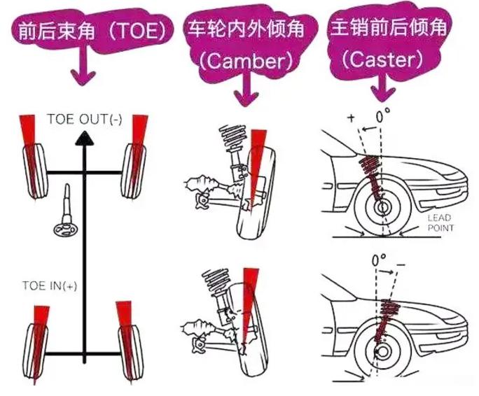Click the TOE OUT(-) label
point(85,118)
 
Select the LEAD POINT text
point(440,223)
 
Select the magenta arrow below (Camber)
point(246,90)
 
